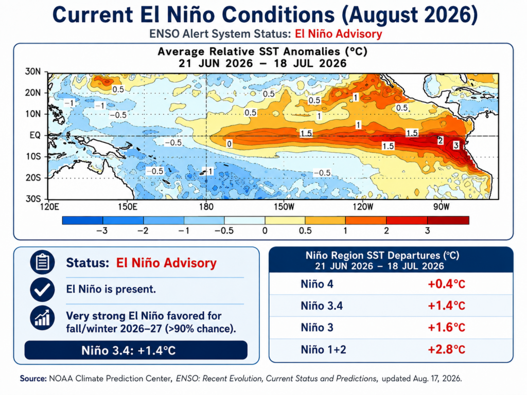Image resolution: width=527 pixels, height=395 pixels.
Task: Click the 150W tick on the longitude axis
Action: (284, 207)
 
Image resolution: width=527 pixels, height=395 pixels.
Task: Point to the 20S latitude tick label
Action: (33, 177)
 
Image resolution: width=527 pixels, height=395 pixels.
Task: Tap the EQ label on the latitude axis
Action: (35, 135)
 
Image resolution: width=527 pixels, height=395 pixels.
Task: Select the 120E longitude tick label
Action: (49, 207)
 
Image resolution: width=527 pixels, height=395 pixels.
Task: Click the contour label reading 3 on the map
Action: (456, 146)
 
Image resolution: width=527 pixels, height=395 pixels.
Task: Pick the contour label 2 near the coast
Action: (441, 141)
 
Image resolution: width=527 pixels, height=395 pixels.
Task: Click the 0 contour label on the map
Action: (229, 144)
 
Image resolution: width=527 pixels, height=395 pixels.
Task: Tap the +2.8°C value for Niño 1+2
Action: (446, 350)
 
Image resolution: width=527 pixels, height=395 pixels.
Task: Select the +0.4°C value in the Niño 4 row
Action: (446, 284)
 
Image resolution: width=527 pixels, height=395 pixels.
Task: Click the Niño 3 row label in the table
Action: (317, 328)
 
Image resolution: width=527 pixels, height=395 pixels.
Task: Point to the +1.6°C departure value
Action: (446, 328)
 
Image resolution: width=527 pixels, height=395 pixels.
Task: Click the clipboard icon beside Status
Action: (42, 262)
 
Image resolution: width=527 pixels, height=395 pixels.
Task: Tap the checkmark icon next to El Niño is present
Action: (42, 290)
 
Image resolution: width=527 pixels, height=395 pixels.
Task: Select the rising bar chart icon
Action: (42, 318)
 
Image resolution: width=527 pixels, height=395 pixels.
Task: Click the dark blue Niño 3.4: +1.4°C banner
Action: (136, 350)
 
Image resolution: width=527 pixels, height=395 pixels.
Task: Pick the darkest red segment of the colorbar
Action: (448, 220)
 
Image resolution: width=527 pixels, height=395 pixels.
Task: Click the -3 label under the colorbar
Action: (102, 231)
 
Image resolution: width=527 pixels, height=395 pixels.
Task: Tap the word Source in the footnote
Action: (33, 379)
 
